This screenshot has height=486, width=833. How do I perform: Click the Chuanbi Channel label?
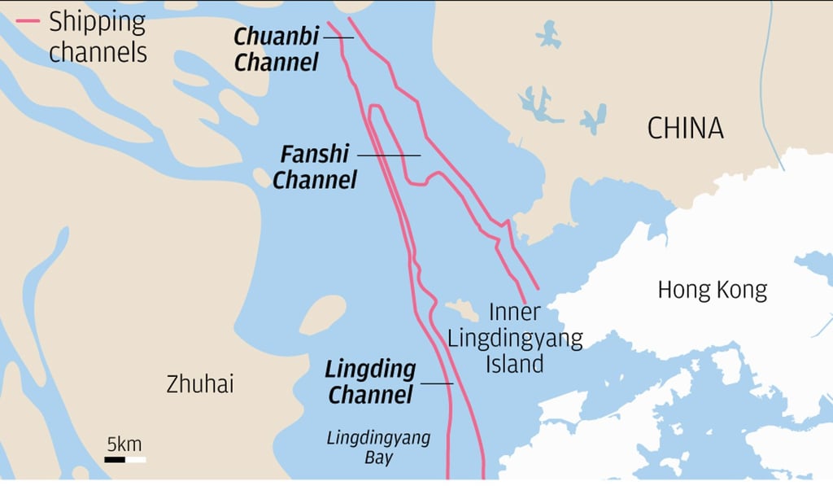coord(277,49)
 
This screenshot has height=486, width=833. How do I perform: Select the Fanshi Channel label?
coord(315,166)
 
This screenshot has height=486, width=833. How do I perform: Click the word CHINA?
coord(685,128)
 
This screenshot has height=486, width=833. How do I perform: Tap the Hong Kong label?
coord(712,290)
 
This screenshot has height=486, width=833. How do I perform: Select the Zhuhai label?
coord(199,384)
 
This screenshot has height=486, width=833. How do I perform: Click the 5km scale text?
coord(124,444)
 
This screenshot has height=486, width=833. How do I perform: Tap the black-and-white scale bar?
coord(124,460)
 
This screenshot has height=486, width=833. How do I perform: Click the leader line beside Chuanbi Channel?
coord(338,37)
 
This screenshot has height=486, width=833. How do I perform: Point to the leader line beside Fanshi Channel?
coord(389,155)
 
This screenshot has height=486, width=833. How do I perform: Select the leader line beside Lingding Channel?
coord(436,383)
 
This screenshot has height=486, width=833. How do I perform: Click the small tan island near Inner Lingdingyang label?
coord(460,310)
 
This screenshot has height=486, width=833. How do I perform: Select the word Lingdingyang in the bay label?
coord(378,438)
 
